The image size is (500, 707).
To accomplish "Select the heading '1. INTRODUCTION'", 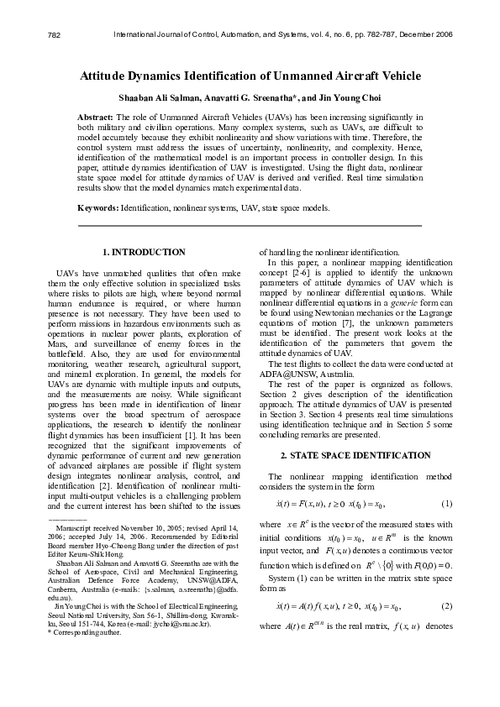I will (144, 252).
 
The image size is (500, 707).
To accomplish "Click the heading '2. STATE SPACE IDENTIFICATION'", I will (355, 455).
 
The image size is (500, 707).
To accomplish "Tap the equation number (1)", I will (447, 503).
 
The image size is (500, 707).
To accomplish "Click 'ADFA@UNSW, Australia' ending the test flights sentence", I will (300, 373).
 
